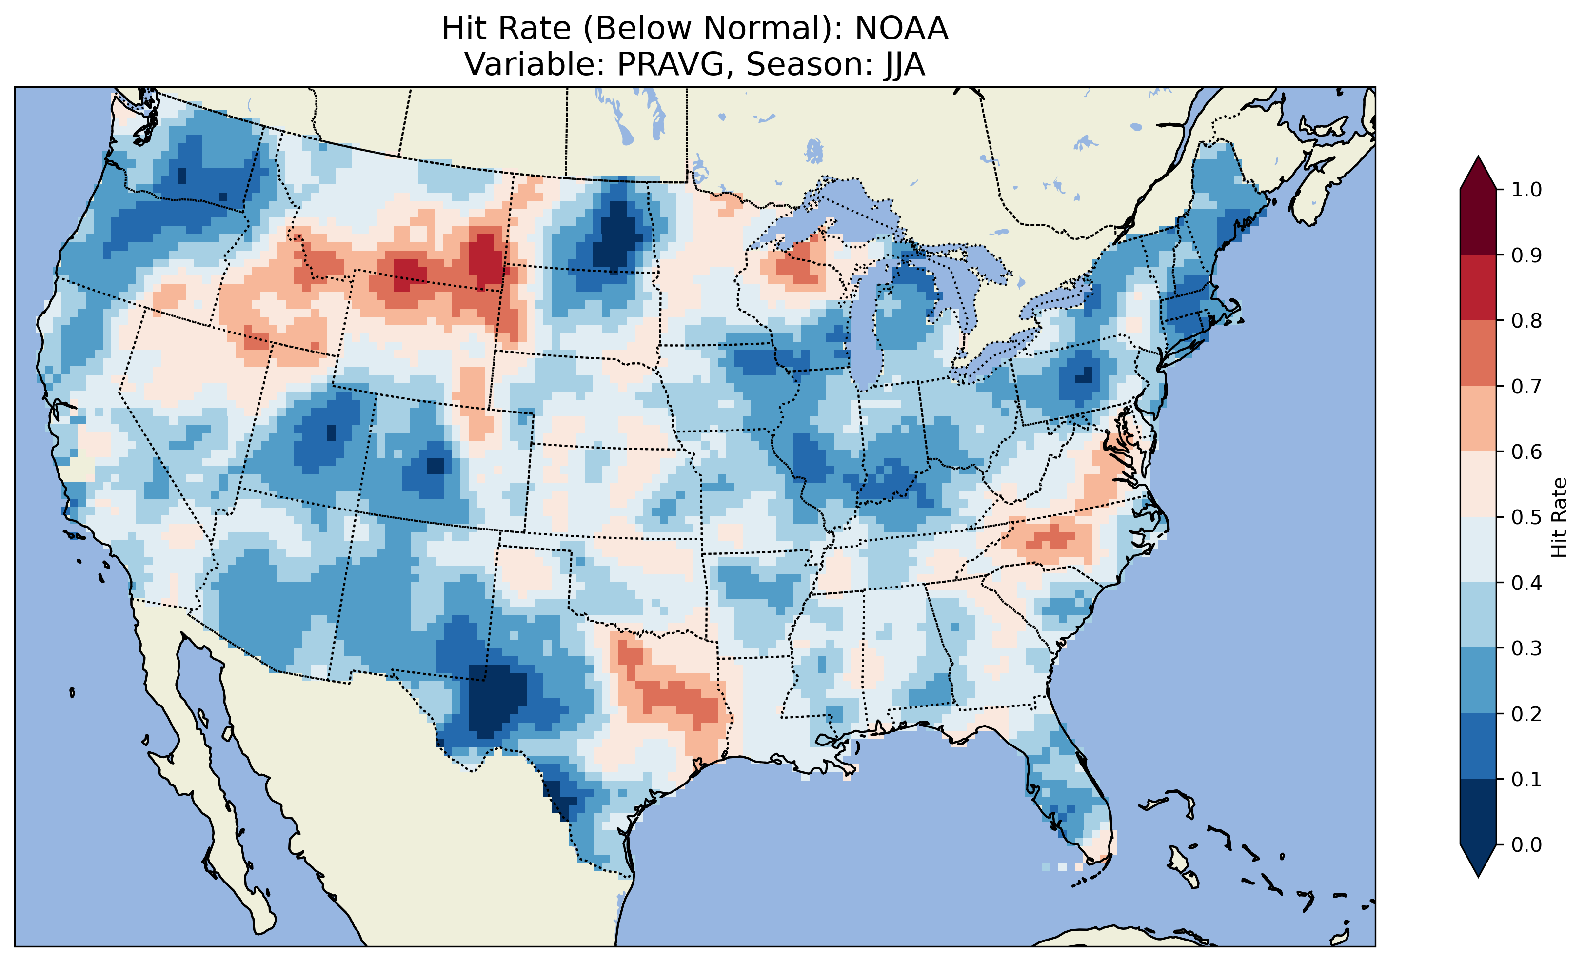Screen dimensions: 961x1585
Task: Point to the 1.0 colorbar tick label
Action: [x=1526, y=190]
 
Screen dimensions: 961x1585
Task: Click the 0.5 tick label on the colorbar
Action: [x=1526, y=517]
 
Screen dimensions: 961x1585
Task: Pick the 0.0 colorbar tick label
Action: [x=1526, y=844]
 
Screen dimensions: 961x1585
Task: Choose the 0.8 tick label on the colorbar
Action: [x=1526, y=320]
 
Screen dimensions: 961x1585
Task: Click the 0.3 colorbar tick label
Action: [x=1526, y=648]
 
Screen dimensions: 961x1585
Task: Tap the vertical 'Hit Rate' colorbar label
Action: [x=1559, y=517]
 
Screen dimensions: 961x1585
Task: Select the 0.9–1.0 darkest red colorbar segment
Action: [x=1478, y=222]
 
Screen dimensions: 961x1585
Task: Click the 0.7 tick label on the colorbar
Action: [x=1526, y=386]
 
